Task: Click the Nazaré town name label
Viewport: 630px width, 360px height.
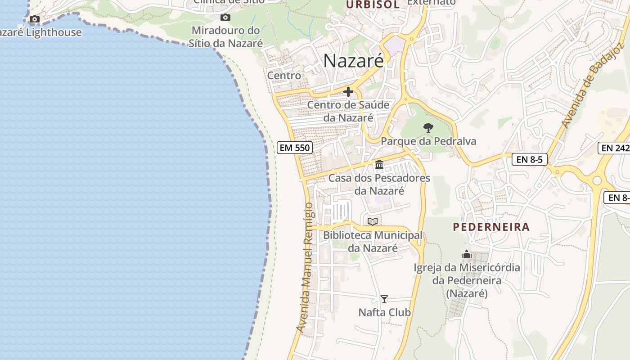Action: (x=354, y=61)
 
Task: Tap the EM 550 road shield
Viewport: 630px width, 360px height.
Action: (x=295, y=148)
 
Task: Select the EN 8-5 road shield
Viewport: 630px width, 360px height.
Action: (x=529, y=159)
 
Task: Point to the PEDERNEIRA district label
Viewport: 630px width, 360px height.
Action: (x=491, y=227)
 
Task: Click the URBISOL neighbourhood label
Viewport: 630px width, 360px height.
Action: (x=373, y=4)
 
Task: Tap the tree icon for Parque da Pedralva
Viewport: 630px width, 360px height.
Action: (x=428, y=128)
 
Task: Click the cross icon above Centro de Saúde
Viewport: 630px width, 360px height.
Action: (x=348, y=92)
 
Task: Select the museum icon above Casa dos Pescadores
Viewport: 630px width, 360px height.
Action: (x=379, y=165)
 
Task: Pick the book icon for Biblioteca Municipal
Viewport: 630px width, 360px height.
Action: (x=372, y=221)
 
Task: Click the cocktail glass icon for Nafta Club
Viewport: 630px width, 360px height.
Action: (x=384, y=299)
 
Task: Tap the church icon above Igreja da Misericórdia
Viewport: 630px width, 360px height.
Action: (x=467, y=254)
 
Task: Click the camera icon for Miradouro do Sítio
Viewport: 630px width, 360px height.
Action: (x=225, y=18)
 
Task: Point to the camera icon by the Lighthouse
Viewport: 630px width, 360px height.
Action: (x=35, y=19)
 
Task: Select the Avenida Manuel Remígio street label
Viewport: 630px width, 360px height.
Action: (x=305, y=268)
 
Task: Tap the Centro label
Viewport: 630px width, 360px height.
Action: (x=284, y=76)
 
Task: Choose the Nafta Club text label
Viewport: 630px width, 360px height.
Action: (x=384, y=312)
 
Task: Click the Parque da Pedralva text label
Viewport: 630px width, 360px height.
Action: (x=428, y=141)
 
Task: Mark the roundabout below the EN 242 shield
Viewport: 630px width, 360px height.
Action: (x=597, y=180)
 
